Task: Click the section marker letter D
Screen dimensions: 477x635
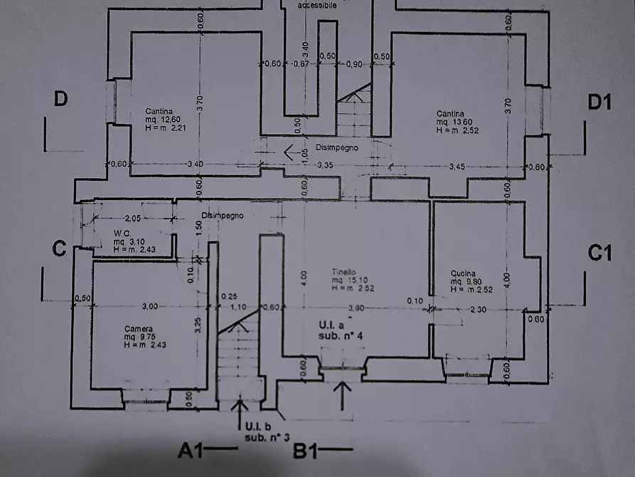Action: point(61,100)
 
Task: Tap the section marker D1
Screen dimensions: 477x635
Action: point(599,102)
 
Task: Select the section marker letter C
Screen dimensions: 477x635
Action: point(60,249)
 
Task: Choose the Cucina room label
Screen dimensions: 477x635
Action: point(463,273)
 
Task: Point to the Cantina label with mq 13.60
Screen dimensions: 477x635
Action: point(450,114)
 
